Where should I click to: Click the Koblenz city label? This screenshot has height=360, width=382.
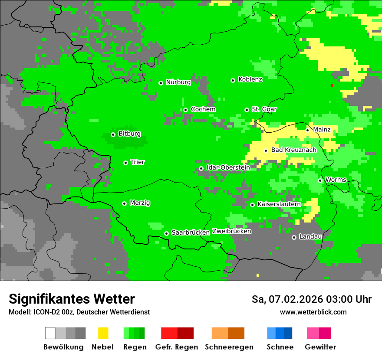pyautogui.click(x=250, y=79)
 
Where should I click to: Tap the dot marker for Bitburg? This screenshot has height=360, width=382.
pyautogui.click(x=113, y=134)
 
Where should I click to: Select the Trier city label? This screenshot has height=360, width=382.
pyautogui.click(x=138, y=162)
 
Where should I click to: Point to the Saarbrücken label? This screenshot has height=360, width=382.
pyautogui.click(x=191, y=233)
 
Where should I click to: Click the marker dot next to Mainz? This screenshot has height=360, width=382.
pyautogui.click(x=307, y=130)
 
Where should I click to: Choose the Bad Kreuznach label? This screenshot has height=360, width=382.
pyautogui.click(x=293, y=150)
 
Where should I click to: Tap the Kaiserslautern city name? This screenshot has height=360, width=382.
pyautogui.click(x=279, y=204)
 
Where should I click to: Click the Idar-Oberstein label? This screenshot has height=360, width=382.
pyautogui.click(x=228, y=167)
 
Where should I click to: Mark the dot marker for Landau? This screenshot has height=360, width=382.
pyautogui.click(x=294, y=237)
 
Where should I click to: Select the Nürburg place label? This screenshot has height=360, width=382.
pyautogui.click(x=178, y=82)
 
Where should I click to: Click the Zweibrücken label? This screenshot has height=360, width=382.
pyautogui.click(x=231, y=231)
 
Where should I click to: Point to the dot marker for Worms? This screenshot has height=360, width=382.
pyautogui.click(x=320, y=180)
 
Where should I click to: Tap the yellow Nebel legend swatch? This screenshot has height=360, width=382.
pyautogui.click(x=103, y=333)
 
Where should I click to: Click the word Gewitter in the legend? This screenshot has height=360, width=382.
pyautogui.click(x=320, y=347)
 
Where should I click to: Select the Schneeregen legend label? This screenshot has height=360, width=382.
pyautogui.click(x=229, y=347)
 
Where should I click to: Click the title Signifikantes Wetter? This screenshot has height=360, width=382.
pyautogui.click(x=72, y=299)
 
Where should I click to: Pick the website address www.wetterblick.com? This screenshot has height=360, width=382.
pyautogui.click(x=313, y=312)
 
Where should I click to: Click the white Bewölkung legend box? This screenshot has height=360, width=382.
pyautogui.click(x=50, y=333)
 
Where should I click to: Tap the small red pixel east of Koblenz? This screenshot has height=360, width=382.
pyautogui.click(x=332, y=85)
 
